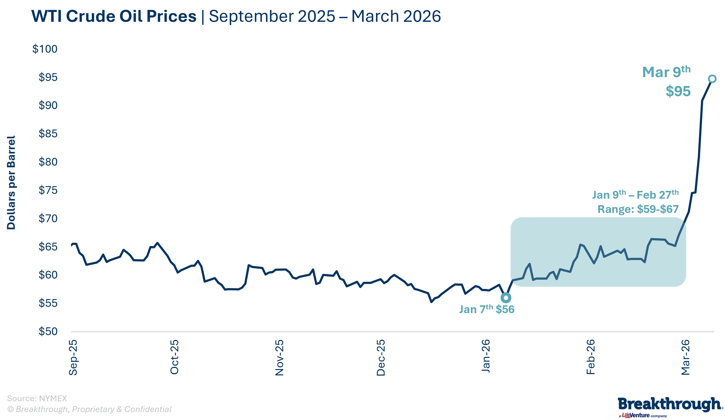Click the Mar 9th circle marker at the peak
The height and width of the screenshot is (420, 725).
pos(712,79)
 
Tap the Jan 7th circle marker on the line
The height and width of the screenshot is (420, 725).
pos(506,298)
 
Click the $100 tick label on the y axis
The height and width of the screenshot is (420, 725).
pos(45,49)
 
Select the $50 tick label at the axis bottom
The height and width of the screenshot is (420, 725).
pos(48,331)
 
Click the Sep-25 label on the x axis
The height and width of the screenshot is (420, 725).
pos(73,357)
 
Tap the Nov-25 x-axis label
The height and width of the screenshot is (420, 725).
pos(279,358)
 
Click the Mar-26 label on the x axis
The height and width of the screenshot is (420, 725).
pos(685,357)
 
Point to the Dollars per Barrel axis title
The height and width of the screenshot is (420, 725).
pos(11,183)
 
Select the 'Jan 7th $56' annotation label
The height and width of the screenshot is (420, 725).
pos(487,309)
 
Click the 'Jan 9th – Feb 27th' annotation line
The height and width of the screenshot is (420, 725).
pos(635,195)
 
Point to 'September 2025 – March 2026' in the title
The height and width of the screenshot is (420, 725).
pos(325,16)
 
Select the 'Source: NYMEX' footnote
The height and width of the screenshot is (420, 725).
pos(37,398)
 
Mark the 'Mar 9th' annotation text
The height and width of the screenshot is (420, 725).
pos(666,72)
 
